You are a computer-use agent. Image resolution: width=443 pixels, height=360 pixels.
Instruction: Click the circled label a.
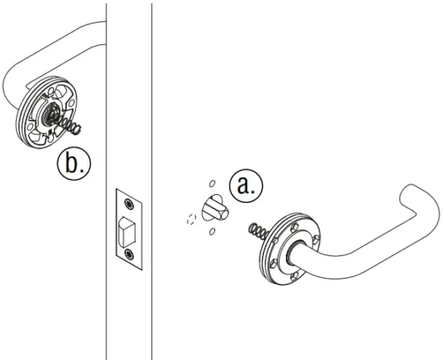click(x=245, y=186)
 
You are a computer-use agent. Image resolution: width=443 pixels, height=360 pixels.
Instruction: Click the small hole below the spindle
click(x=211, y=232)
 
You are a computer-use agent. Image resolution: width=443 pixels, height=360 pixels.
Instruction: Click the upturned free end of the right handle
click(x=412, y=201)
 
